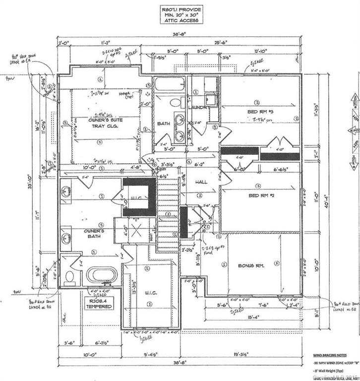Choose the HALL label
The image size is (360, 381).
[x=201, y=182]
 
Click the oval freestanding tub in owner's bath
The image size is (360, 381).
[x=102, y=274]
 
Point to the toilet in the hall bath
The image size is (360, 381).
[x=175, y=103]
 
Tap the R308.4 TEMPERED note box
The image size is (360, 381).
[x=98, y=303]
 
